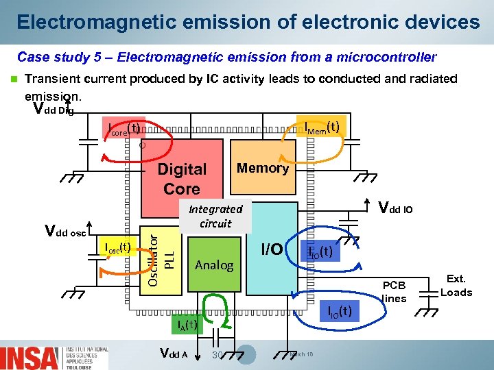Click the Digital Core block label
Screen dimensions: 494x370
[x=182, y=179]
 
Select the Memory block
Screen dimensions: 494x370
[x=262, y=168]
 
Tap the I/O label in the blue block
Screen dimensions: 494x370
[x=272, y=249]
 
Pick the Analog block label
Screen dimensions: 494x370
[x=214, y=265]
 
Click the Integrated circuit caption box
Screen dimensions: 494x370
[x=215, y=217]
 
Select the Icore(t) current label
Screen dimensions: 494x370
[x=124, y=128]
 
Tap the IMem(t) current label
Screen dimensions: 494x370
[x=322, y=127]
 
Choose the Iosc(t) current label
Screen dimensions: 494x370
[x=116, y=247]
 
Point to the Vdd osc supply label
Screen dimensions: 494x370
[x=65, y=232]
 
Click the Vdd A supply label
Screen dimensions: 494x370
[x=173, y=354]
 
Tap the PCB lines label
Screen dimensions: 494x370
[x=394, y=292]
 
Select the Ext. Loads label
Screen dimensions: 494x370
[x=456, y=286]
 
